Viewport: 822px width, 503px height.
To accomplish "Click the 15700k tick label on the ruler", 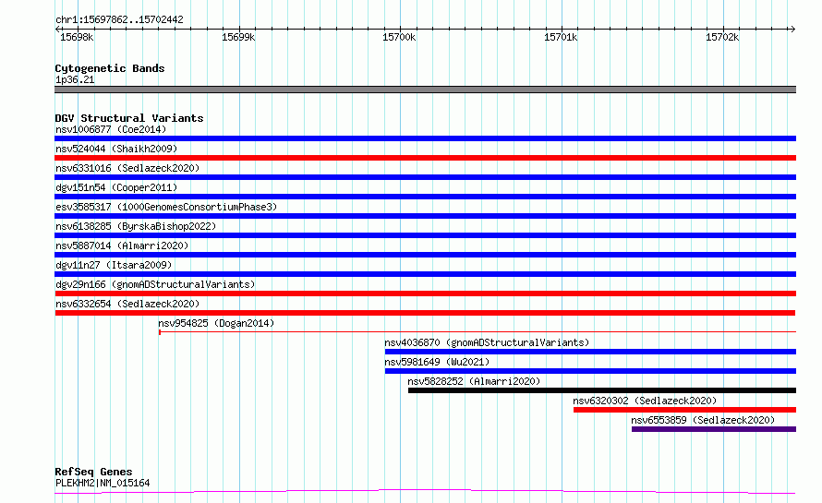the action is pyautogui.click(x=399, y=37).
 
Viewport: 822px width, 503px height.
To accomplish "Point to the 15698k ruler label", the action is pyautogui.click(x=77, y=37).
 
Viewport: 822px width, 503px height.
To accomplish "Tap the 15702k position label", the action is pyautogui.click(x=722, y=37).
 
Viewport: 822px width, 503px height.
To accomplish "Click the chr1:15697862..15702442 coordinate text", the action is pyautogui.click(x=119, y=20).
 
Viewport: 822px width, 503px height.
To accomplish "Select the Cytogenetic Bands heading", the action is pyautogui.click(x=110, y=68).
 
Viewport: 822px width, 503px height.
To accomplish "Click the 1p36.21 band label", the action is pyautogui.click(x=75, y=79).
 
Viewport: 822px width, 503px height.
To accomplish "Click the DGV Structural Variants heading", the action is pyautogui.click(x=129, y=118).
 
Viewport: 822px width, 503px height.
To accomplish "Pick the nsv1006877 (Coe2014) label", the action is pyautogui.click(x=111, y=129).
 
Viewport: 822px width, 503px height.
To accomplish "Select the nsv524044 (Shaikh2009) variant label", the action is pyautogui.click(x=116, y=149).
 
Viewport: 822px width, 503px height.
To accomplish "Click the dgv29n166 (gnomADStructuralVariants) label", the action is pyautogui.click(x=155, y=284).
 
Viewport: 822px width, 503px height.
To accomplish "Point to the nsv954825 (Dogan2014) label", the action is pyautogui.click(x=216, y=323).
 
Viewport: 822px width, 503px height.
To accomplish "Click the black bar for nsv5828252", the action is pyautogui.click(x=602, y=390).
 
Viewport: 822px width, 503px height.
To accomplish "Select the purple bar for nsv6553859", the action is pyautogui.click(x=714, y=429).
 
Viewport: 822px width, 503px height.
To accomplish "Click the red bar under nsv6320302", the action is pyautogui.click(x=684, y=410).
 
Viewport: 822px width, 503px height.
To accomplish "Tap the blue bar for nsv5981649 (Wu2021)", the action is pyautogui.click(x=590, y=371).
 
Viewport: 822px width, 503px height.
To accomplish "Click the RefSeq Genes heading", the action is pyautogui.click(x=93, y=472).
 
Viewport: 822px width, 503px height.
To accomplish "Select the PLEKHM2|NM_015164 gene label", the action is pyautogui.click(x=103, y=483).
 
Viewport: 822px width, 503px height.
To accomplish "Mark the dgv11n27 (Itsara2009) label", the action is pyautogui.click(x=114, y=265).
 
